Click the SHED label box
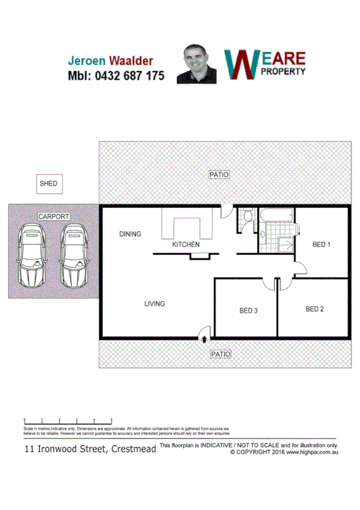click(49, 183)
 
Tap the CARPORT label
click(53, 217)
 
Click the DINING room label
click(130, 234)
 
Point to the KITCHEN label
click(186, 245)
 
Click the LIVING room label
click(154, 304)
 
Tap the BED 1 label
click(322, 244)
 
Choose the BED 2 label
click(314, 309)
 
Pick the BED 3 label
click(248, 311)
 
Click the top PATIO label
click(219, 175)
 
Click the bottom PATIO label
click(220, 354)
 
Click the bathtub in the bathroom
click(276, 215)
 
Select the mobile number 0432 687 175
click(114, 76)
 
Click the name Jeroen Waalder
click(110, 61)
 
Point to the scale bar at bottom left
click(67, 420)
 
